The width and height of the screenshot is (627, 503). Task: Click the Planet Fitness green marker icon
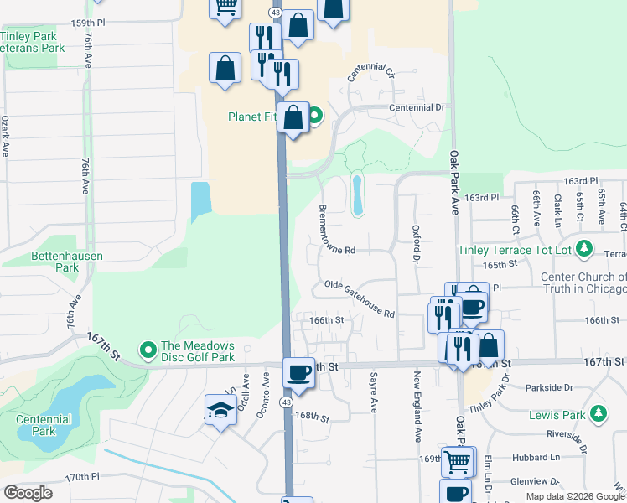(x=314, y=117)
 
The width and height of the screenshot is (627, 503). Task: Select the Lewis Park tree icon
(x=598, y=414)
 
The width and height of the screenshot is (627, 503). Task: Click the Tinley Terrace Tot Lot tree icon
(x=584, y=249)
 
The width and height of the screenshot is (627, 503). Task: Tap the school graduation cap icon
(x=220, y=410)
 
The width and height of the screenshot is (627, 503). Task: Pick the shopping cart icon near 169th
(x=456, y=461)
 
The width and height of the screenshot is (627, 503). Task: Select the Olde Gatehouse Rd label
(x=360, y=298)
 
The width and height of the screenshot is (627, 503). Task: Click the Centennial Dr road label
(x=417, y=107)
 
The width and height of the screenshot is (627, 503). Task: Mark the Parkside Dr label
(x=550, y=387)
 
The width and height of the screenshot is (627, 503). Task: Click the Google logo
(x=28, y=493)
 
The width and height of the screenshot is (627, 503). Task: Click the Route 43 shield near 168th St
(x=287, y=402)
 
